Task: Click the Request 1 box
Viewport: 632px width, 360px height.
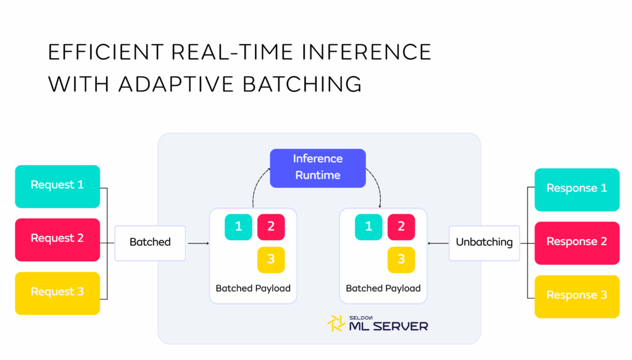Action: pos(57,186)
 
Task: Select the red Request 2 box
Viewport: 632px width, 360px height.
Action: pos(57,240)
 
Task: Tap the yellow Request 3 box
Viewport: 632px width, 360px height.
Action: pos(57,293)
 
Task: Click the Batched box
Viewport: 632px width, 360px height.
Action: pos(150,243)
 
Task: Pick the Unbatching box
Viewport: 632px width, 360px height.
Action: pos(484,243)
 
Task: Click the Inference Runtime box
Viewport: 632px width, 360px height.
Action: pos(318,168)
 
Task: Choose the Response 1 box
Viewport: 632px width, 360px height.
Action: pos(577,190)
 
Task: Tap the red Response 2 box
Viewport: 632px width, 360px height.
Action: pos(577,243)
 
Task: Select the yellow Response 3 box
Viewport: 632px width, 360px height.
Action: pos(577,297)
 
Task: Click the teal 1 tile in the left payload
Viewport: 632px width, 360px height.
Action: pos(239,227)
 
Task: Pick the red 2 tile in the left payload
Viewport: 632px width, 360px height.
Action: pos(271,227)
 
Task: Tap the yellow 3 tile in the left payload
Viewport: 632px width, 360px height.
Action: pos(271,259)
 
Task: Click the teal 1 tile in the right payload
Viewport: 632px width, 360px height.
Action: pos(369,227)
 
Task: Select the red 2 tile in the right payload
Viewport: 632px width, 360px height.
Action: pos(401,227)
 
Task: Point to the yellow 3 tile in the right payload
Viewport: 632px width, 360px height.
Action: pos(401,259)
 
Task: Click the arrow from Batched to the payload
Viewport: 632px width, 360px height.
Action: pos(198,243)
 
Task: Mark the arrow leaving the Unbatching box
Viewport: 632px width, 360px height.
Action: pos(438,243)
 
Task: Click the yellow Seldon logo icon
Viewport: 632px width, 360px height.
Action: pos(336,324)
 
